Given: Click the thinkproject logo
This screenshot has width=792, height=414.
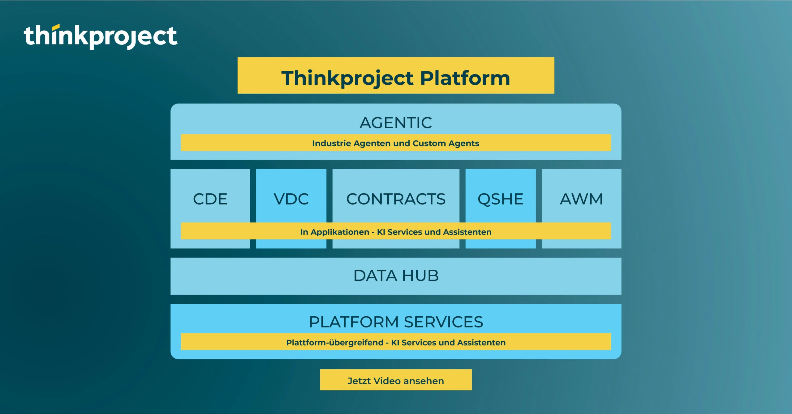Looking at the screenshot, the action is pyautogui.click(x=101, y=37).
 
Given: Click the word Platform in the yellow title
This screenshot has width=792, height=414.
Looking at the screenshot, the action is pyautogui.click(x=465, y=78).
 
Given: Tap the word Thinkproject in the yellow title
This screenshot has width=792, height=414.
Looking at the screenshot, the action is pyautogui.click(x=347, y=78).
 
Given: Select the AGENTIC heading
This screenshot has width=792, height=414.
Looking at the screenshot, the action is pyautogui.click(x=396, y=123).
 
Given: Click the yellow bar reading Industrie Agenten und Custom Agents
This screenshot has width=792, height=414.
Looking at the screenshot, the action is pyautogui.click(x=396, y=143).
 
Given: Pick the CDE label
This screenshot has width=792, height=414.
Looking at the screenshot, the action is pyautogui.click(x=210, y=199).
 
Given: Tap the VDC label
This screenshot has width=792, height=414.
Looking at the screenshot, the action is pyautogui.click(x=291, y=199).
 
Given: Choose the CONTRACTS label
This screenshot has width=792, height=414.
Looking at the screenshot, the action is pyautogui.click(x=396, y=199).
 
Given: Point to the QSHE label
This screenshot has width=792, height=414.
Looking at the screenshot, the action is pyautogui.click(x=500, y=199).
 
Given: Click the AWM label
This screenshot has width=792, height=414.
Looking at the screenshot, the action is pyautogui.click(x=581, y=199).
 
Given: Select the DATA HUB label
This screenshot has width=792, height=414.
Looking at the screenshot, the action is pyautogui.click(x=396, y=276).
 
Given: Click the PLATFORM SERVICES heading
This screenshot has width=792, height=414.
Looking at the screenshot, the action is pyautogui.click(x=396, y=322).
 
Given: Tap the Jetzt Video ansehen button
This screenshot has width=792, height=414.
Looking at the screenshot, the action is pyautogui.click(x=396, y=380).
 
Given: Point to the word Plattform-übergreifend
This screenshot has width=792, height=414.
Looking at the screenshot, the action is pyautogui.click(x=335, y=343).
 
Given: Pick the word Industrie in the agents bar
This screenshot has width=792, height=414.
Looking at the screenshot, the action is pyautogui.click(x=332, y=143).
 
